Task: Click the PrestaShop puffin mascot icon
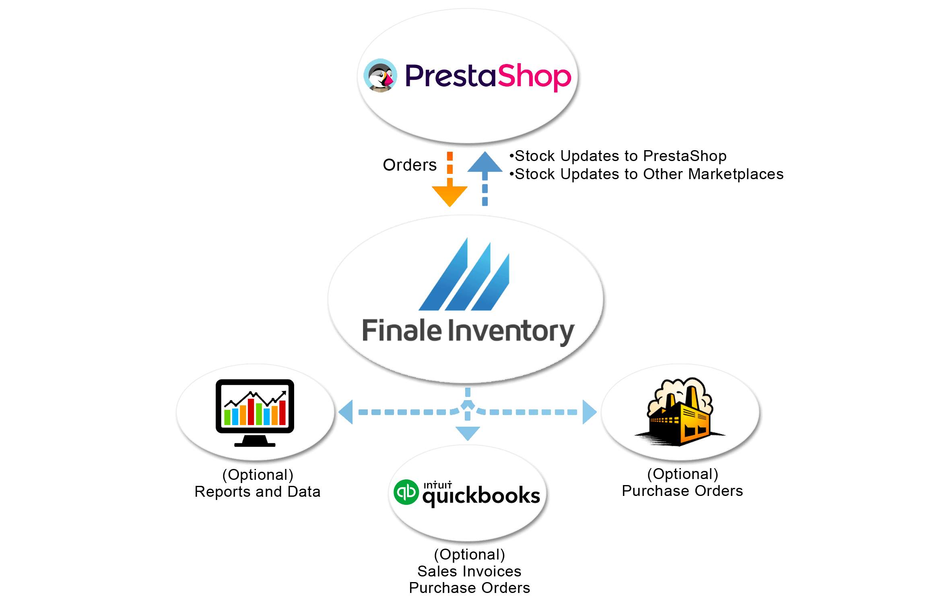(x=380, y=76)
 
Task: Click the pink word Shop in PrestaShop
(x=534, y=77)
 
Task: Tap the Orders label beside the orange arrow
(x=410, y=165)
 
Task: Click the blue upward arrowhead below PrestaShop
(x=485, y=162)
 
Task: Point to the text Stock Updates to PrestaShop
(x=621, y=156)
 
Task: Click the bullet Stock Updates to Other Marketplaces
(x=646, y=174)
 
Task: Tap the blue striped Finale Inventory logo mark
(x=464, y=274)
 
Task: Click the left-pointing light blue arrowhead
(x=346, y=412)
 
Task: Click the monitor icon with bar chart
(x=255, y=413)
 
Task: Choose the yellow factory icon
(x=680, y=412)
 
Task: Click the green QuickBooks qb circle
(x=406, y=492)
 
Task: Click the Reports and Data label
(x=258, y=492)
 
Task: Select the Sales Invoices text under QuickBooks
(x=469, y=571)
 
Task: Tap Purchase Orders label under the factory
(x=682, y=491)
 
